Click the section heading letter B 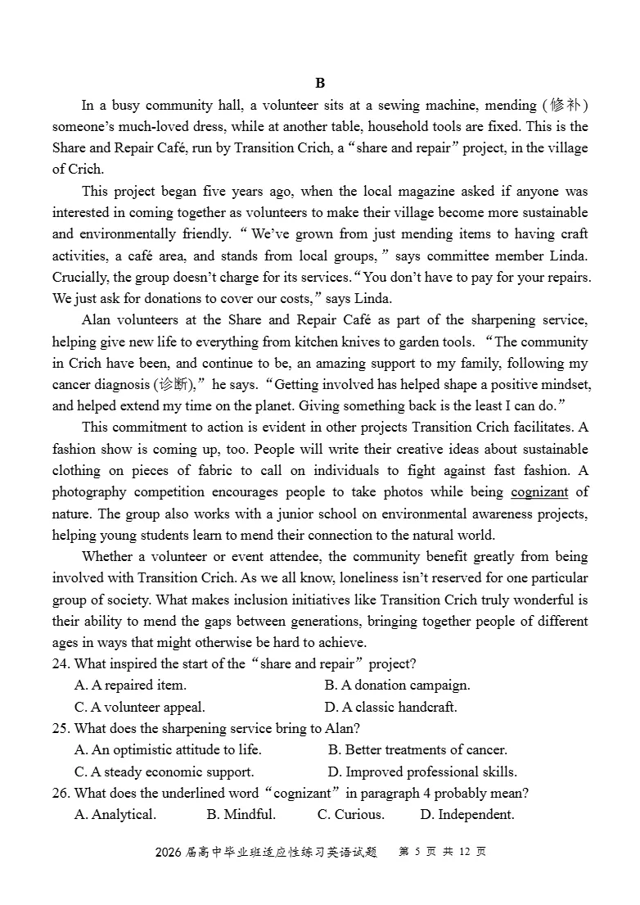320,83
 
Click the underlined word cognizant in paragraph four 539,492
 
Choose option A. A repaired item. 130,685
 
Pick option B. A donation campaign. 397,685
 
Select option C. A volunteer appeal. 139,707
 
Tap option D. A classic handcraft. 390,707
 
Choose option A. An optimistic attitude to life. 168,749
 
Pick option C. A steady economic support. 164,772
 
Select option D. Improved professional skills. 422,772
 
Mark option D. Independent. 466,814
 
